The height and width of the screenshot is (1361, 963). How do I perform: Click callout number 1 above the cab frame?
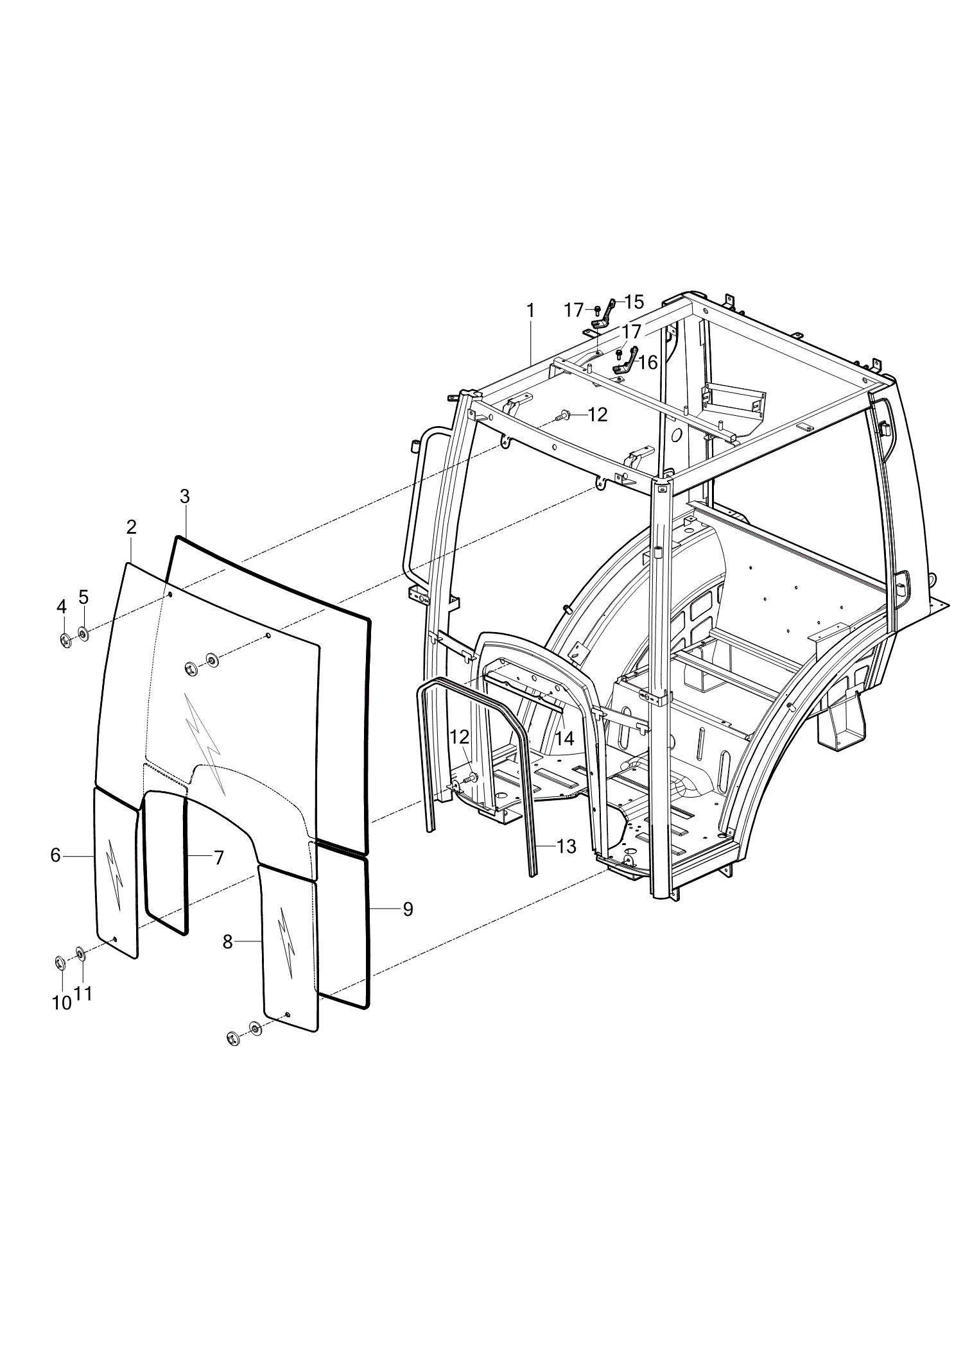(530, 310)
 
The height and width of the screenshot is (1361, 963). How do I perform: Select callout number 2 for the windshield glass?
(132, 527)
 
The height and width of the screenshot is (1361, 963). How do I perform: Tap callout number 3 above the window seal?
(185, 496)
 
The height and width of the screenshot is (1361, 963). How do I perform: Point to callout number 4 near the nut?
(62, 606)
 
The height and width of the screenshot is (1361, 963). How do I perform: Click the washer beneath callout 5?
(83, 634)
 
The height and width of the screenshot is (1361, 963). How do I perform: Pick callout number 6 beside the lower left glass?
(56, 855)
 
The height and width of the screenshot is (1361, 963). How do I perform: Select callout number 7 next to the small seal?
(219, 857)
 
